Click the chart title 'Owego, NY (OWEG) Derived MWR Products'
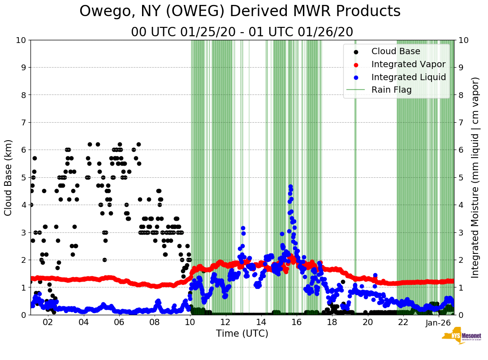point(240,11)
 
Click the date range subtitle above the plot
point(242,32)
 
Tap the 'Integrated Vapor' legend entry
point(408,64)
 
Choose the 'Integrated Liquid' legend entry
point(408,77)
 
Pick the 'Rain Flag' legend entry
point(391,90)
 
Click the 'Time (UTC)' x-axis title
point(242,334)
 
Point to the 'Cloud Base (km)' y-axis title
point(9,177)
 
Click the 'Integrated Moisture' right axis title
point(475,177)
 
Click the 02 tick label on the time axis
point(48,322)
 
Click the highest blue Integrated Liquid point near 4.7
point(290,186)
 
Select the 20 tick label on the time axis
point(367,322)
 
